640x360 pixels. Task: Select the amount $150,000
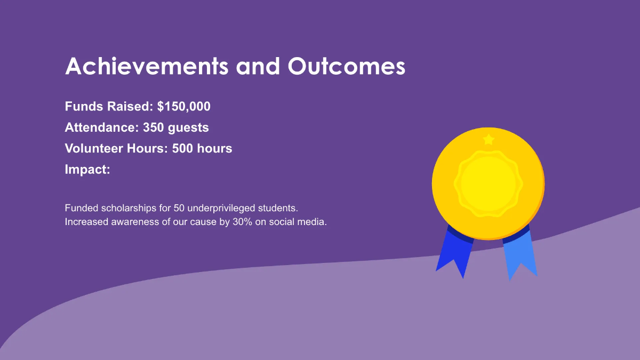tap(184, 107)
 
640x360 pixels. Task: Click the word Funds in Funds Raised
tap(83, 107)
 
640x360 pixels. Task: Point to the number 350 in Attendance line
tap(154, 128)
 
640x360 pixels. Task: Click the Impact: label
tap(87, 170)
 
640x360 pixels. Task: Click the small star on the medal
tap(489, 140)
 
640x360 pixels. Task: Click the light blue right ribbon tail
tap(520, 256)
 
